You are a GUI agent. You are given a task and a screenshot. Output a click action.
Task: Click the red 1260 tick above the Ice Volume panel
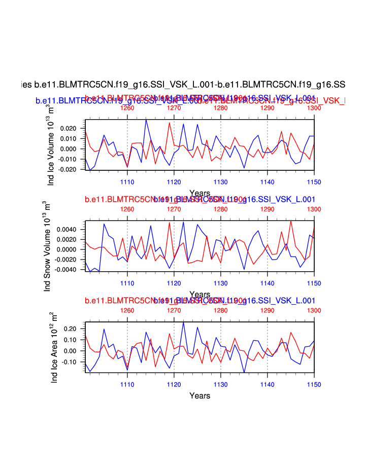click(x=127, y=108)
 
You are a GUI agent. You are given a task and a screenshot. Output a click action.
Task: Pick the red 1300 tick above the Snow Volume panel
click(x=314, y=209)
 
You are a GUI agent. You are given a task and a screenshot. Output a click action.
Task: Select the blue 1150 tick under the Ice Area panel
click(x=314, y=384)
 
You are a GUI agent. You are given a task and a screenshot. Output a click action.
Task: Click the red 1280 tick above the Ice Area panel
click(x=221, y=310)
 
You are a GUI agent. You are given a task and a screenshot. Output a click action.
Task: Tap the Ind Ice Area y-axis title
click(x=55, y=347)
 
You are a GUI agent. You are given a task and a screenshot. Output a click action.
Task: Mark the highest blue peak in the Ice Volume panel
click(x=146, y=120)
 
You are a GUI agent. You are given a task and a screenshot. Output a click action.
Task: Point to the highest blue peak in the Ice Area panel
click(x=183, y=322)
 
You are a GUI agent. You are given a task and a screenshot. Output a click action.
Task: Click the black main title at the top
click(x=183, y=84)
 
